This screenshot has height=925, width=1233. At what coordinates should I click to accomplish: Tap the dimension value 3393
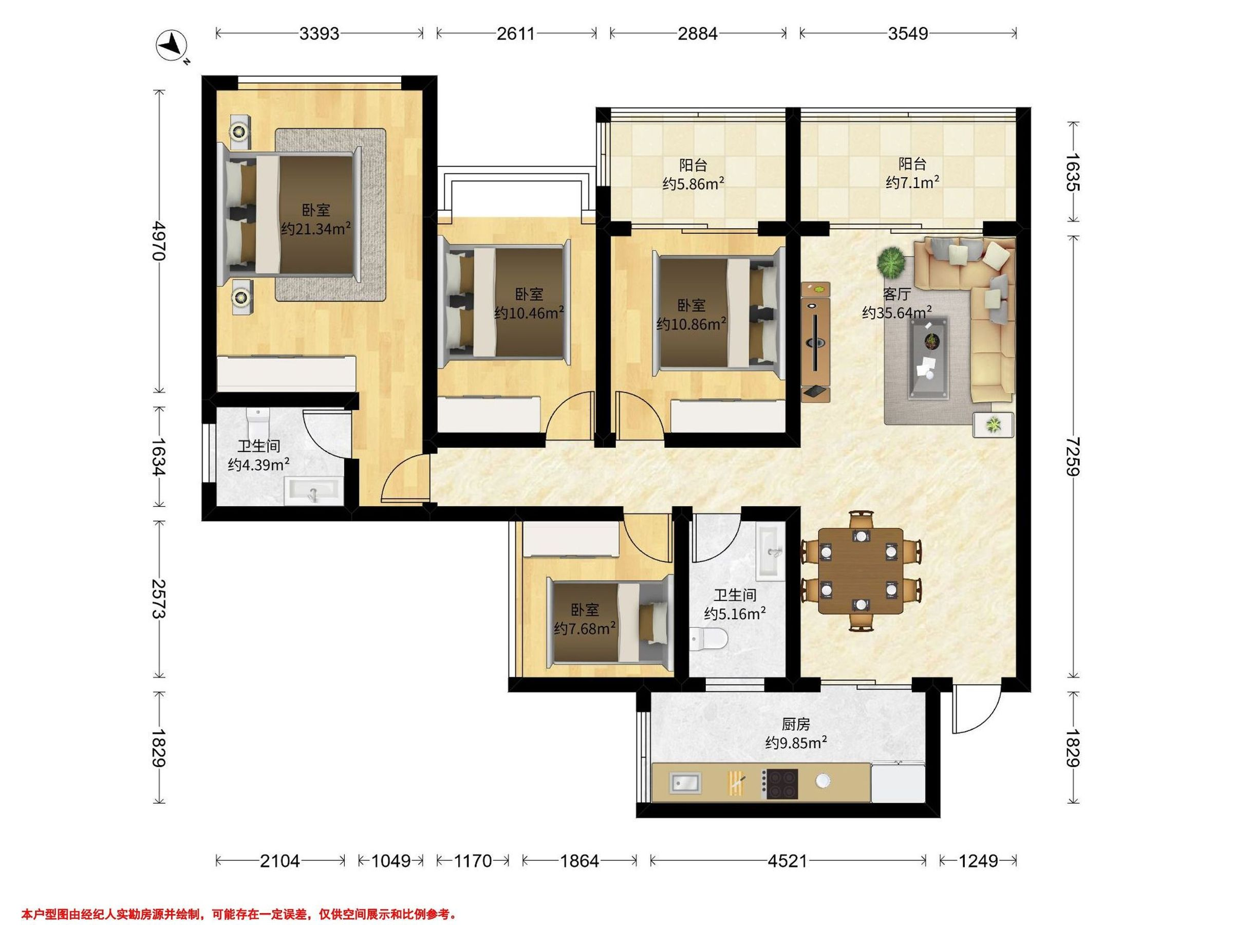(x=319, y=34)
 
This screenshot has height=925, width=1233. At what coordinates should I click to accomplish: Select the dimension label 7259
(x=1072, y=457)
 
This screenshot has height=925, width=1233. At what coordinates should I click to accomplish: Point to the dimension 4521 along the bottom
(x=787, y=861)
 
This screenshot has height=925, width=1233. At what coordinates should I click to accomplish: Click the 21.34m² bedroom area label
(x=315, y=229)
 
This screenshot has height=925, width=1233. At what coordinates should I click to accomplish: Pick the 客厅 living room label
(x=896, y=294)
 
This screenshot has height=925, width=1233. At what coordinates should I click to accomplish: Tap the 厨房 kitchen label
(x=795, y=724)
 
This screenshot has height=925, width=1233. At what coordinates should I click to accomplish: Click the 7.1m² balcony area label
(x=912, y=182)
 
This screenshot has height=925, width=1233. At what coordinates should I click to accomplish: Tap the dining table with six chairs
(x=861, y=571)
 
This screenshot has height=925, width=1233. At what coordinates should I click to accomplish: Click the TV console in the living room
(x=815, y=342)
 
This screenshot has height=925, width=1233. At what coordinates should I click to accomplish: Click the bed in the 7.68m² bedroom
(x=610, y=622)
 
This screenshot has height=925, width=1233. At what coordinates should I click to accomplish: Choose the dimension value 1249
(x=978, y=861)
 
